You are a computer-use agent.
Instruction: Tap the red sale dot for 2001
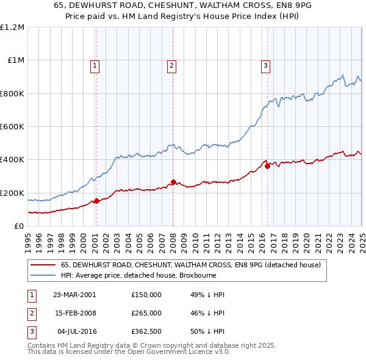96,201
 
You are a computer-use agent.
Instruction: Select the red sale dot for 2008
173,182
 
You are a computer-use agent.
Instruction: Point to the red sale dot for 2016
267,165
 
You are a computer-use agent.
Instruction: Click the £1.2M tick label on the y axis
12,27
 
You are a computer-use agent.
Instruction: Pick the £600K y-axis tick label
12,127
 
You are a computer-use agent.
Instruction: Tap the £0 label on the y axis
19,226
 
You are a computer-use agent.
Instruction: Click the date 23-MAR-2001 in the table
74,295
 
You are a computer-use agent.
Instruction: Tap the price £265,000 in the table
146,313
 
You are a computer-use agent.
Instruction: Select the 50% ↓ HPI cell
207,331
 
